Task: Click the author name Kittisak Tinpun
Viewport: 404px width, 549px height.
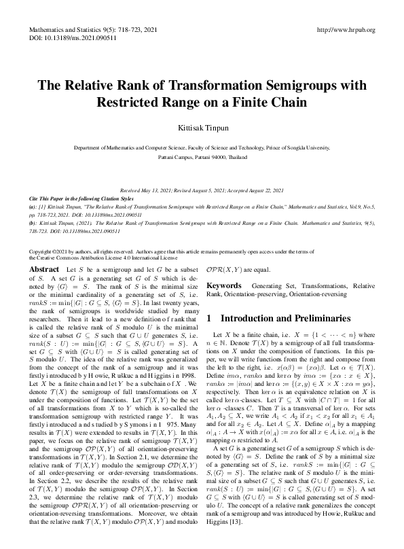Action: [202, 127]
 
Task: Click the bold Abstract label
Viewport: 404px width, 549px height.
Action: [45, 270]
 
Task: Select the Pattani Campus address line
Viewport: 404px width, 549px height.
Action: [202, 156]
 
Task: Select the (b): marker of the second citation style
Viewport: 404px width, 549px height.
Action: [33, 222]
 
